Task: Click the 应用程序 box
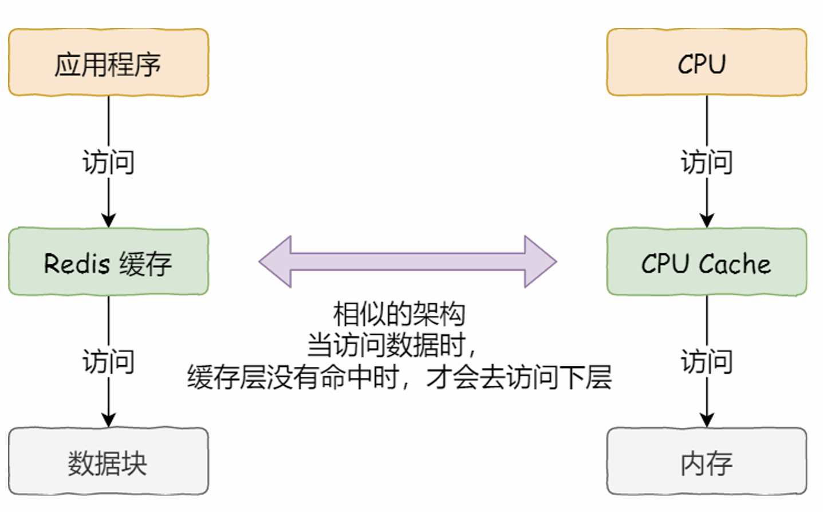(x=108, y=62)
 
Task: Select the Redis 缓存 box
(x=108, y=262)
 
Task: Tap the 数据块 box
(x=108, y=462)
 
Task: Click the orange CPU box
(x=706, y=62)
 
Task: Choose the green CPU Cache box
(x=706, y=262)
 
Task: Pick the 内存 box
(x=706, y=462)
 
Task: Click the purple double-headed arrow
(x=408, y=261)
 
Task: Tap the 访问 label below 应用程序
(x=108, y=162)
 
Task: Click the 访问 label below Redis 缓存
(x=108, y=362)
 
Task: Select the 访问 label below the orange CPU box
(x=706, y=162)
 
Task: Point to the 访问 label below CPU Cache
(x=706, y=362)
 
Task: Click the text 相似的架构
(x=399, y=314)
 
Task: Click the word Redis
(x=77, y=264)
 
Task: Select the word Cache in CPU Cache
(x=735, y=264)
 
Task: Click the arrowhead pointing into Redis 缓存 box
(x=108, y=220)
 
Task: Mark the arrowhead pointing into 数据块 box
(x=108, y=419)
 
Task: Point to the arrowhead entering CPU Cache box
(x=707, y=220)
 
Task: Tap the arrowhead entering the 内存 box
(x=707, y=419)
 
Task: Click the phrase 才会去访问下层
(x=518, y=377)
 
